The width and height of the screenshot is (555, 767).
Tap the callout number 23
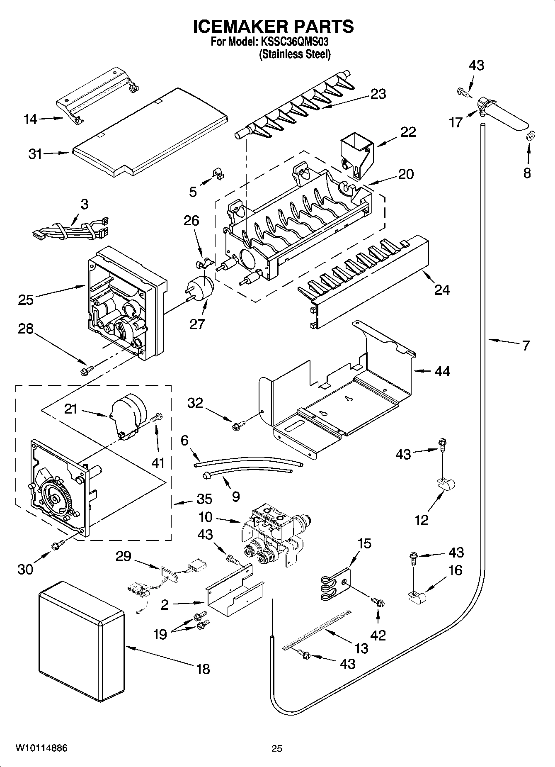[x=378, y=94]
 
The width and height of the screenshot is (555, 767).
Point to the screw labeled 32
[x=240, y=424]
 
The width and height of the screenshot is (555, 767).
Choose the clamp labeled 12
[x=446, y=484]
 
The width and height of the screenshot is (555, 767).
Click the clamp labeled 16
[x=418, y=598]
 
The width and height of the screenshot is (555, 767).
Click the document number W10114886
[x=41, y=748]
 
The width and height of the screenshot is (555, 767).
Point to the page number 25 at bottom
[x=277, y=748]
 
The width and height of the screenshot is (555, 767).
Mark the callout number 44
[x=442, y=371]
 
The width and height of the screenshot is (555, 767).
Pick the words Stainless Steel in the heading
[x=295, y=54]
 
